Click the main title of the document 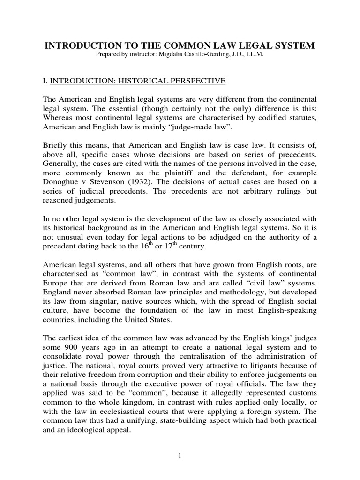[180, 46]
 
